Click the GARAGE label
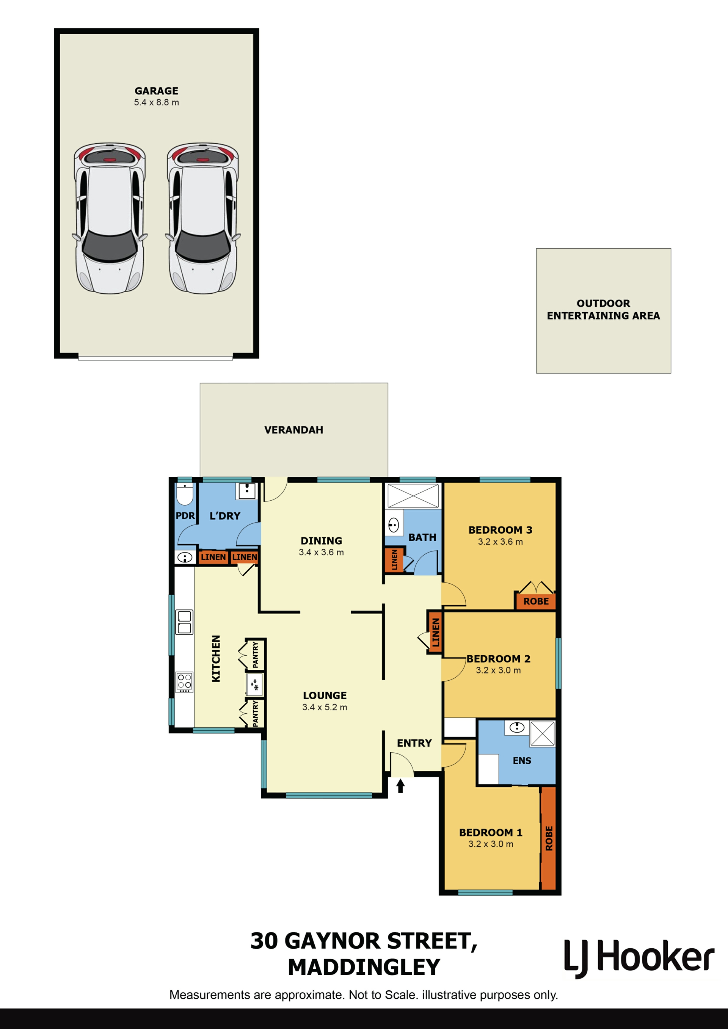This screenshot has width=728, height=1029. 157,91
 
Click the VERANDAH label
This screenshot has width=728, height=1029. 293,430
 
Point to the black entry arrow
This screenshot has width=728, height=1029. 400,786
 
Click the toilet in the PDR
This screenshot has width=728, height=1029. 185,494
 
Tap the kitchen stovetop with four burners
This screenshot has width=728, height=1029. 184,682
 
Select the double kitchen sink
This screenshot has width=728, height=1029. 184,622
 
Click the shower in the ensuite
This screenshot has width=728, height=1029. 543,734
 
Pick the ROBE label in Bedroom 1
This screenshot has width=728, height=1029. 549,838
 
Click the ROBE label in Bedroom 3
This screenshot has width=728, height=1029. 536,601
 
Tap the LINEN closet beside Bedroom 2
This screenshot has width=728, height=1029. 435,632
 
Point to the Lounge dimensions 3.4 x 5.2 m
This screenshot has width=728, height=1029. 325,707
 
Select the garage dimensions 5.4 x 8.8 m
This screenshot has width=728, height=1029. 157,103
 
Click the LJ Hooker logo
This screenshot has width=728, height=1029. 639,959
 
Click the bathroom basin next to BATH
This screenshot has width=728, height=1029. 394,525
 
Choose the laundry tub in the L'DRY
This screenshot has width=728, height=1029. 246,491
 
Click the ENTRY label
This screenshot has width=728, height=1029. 414,743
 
